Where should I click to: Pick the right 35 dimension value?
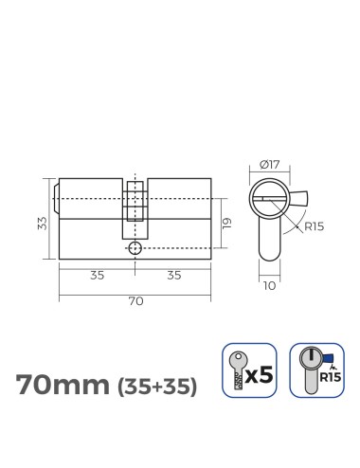tap(173, 276)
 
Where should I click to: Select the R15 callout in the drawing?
tap(315, 226)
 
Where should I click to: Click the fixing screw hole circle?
tap(135, 248)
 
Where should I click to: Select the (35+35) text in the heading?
tap(156, 387)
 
